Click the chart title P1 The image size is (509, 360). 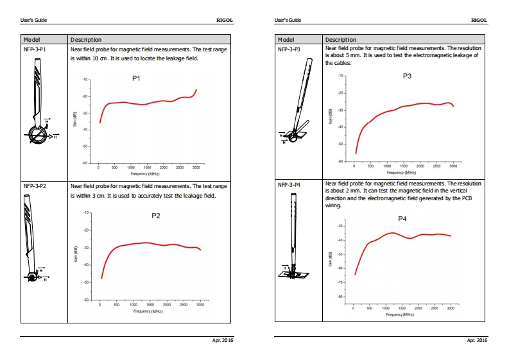point(136,78)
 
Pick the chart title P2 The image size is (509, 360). point(155,216)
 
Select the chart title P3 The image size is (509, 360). point(407,76)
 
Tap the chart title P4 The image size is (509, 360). point(402,219)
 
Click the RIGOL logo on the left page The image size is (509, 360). point(225,20)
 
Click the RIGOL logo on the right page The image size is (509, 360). point(479,20)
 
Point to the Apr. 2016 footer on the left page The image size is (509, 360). point(223,340)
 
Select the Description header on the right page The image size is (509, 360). point(340,40)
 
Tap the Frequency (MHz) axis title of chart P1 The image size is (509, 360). point(145,174)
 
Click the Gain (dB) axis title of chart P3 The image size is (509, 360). point(331,119)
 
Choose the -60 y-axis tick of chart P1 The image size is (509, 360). point(85,164)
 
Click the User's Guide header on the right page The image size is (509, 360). point(288,20)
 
